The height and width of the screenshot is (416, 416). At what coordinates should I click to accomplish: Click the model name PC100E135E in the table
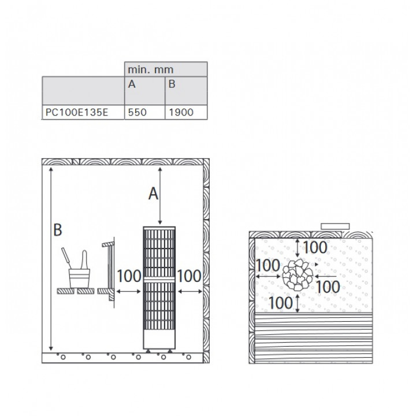tap(77, 112)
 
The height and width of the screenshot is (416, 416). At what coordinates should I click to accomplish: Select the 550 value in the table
tap(137, 112)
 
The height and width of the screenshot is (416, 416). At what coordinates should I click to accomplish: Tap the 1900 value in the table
tap(181, 112)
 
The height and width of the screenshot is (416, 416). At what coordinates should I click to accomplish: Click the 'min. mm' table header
tap(150, 69)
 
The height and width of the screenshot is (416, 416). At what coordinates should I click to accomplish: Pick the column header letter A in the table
tap(132, 84)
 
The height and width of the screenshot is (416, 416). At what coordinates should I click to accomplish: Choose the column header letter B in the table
tap(172, 84)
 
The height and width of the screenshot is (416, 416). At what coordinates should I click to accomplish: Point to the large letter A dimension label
tap(153, 194)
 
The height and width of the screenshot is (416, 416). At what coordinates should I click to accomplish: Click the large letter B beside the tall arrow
tap(58, 229)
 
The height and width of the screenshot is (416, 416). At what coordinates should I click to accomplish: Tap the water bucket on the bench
tap(79, 278)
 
